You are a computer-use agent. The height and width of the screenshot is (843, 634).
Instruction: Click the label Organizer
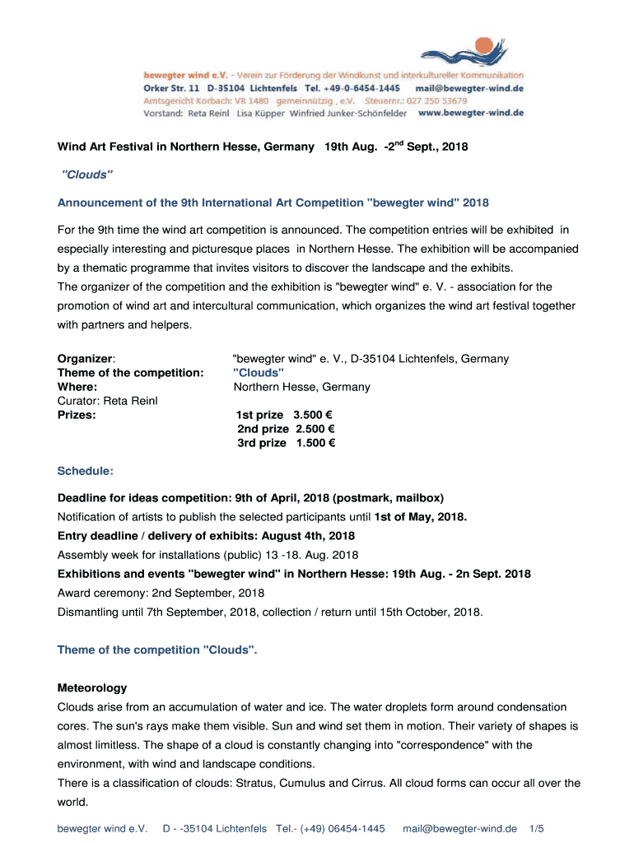click(85, 359)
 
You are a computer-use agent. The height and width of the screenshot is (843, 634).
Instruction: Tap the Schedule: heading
click(85, 472)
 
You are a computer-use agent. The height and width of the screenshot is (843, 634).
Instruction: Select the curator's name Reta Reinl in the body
click(128, 401)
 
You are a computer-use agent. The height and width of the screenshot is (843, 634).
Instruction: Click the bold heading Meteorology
click(92, 687)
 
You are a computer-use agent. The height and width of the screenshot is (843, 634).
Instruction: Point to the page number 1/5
click(537, 828)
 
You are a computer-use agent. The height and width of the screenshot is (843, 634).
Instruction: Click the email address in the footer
click(459, 828)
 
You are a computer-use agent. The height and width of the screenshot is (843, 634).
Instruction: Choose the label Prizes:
click(77, 415)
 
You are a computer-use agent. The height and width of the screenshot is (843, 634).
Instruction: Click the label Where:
click(77, 387)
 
